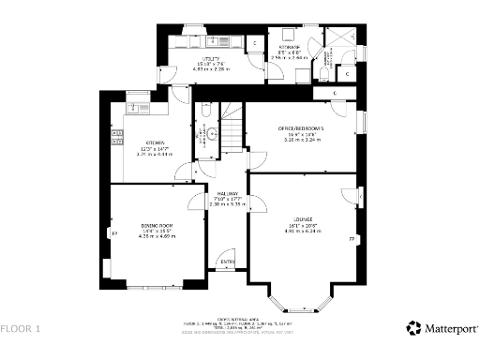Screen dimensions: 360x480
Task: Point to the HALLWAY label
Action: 226,194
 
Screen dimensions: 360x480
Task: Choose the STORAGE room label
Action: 287,46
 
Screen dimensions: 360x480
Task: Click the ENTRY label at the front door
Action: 227,262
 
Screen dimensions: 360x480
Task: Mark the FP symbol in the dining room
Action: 115,232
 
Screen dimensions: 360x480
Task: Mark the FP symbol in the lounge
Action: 352,240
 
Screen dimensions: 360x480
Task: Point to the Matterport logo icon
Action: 413,328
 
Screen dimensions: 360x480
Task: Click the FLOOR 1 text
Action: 21,329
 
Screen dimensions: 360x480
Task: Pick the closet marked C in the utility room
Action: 255,43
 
